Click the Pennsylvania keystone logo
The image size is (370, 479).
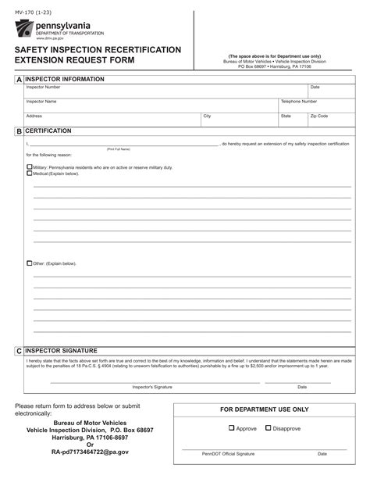point(24,30)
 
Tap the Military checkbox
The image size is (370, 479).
point(30,167)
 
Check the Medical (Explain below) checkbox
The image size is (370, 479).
point(30,173)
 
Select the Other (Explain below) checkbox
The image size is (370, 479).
point(30,263)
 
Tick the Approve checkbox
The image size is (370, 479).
point(232,427)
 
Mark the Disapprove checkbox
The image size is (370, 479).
point(269,427)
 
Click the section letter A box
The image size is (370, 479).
point(19,80)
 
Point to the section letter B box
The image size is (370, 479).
point(19,131)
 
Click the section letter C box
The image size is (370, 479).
point(19,352)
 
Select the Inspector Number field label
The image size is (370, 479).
point(43,87)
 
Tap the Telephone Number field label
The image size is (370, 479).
point(298,102)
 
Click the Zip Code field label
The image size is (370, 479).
point(318,116)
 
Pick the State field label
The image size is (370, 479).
point(286,116)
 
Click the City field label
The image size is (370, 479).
point(207,116)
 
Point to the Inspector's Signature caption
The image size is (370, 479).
point(151,387)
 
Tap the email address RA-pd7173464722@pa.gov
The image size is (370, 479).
point(90,452)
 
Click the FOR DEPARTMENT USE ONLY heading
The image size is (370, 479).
point(264,409)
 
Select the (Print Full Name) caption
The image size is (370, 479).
point(119,148)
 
